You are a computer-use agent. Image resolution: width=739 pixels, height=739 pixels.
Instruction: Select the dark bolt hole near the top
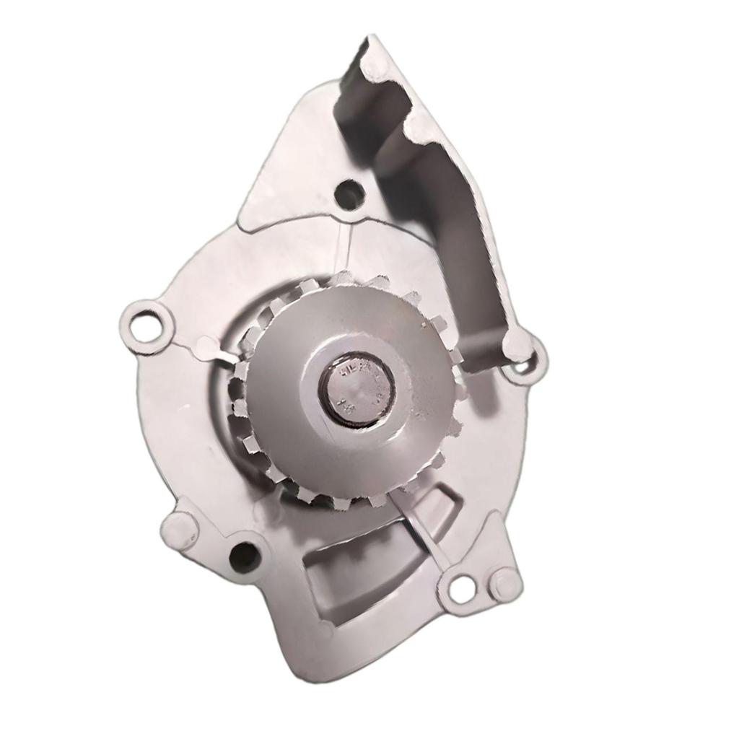(x=349, y=194)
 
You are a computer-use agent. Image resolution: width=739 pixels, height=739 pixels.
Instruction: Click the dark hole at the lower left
(x=244, y=556)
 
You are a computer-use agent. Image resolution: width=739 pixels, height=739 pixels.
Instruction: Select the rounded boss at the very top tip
(x=375, y=66)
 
